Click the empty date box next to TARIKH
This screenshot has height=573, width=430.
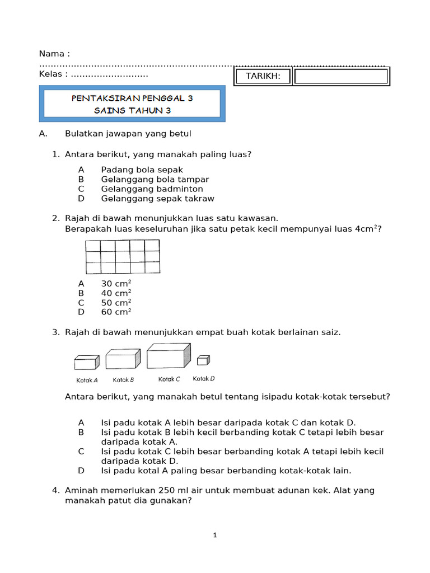point(340,76)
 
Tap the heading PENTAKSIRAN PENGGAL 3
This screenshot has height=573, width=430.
point(132,98)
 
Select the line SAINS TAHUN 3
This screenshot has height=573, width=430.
point(132,110)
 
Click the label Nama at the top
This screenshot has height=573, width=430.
point(54,54)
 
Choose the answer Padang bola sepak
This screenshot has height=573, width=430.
point(142,170)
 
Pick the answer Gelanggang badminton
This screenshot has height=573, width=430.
point(152,189)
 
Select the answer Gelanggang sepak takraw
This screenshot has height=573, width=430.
point(157,198)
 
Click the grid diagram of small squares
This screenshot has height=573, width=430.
point(122,257)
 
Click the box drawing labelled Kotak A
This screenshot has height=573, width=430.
point(86,363)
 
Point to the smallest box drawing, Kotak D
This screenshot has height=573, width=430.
point(203,360)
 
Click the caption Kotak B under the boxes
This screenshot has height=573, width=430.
point(123,380)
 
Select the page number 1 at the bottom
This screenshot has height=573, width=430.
point(215,536)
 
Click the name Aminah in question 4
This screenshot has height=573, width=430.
point(82,490)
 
